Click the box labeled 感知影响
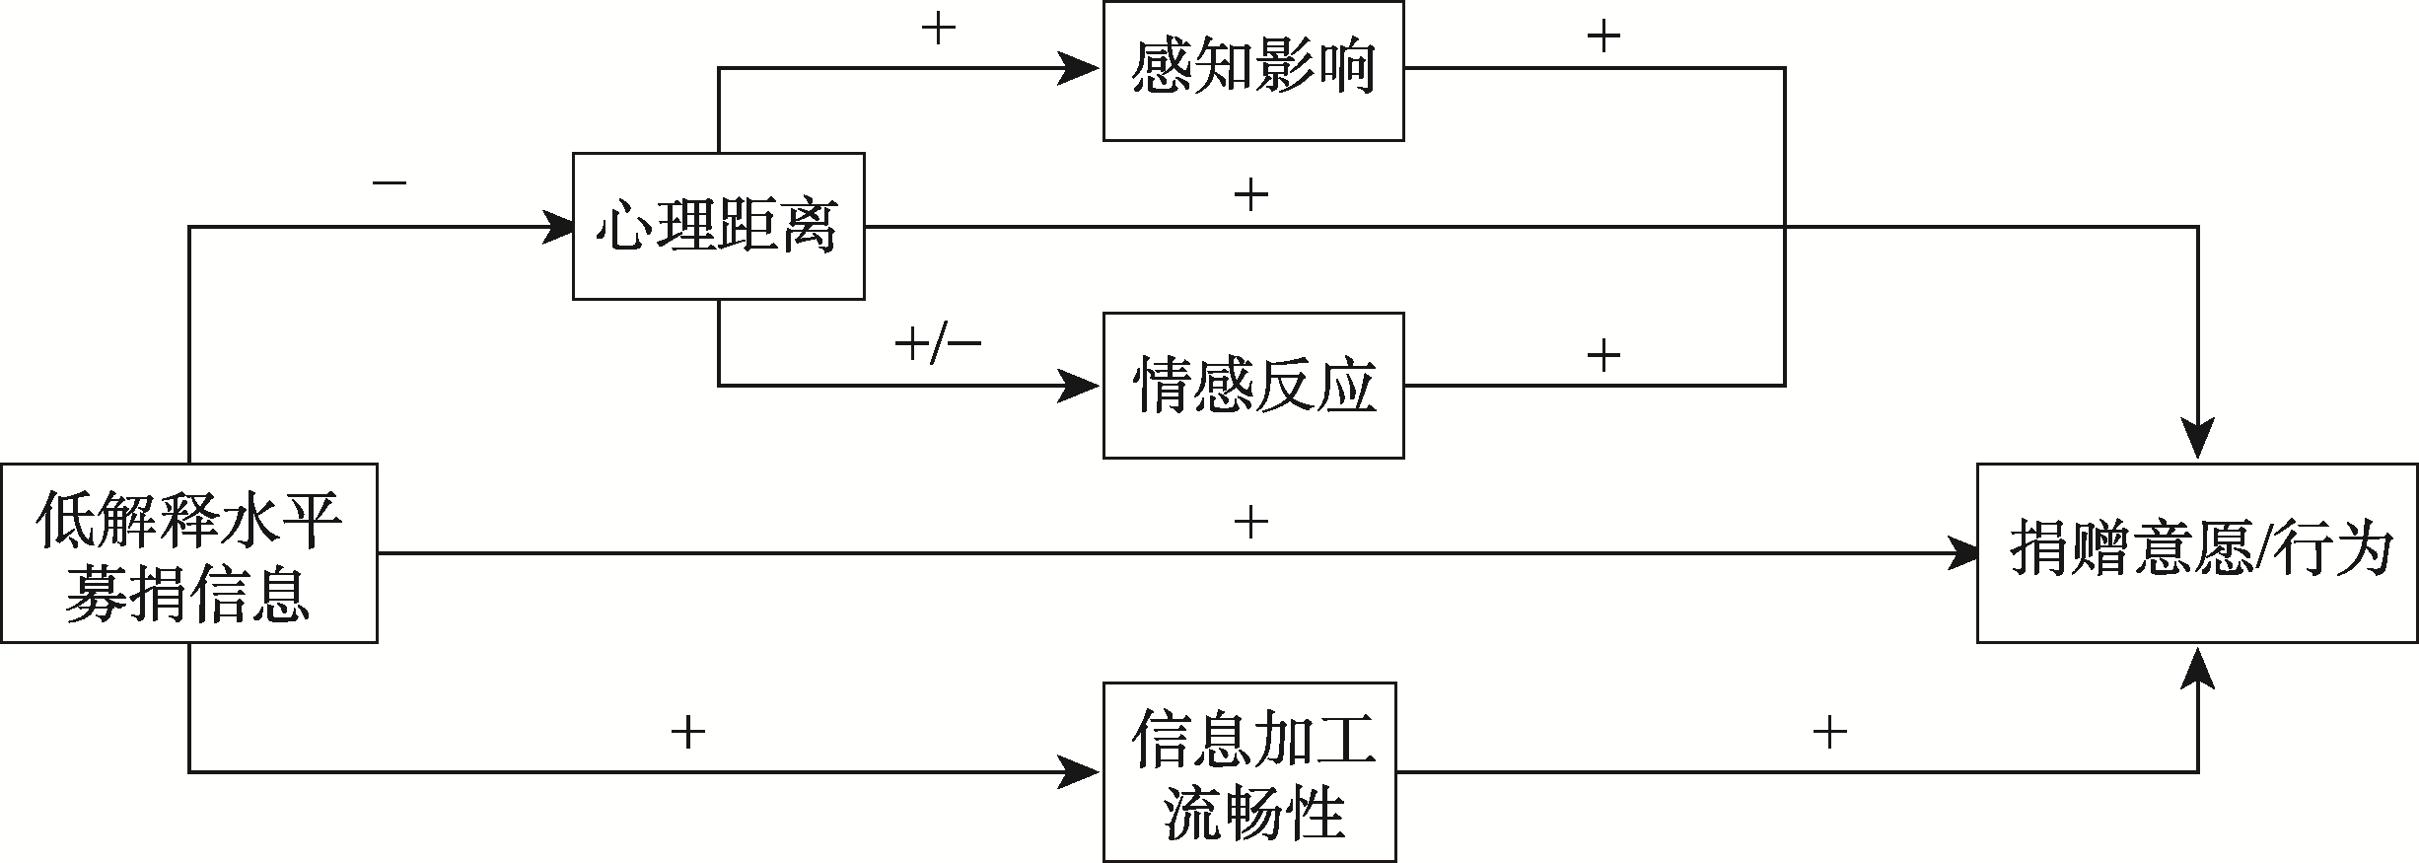click(x=1252, y=70)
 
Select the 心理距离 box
click(x=718, y=226)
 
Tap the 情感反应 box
click(x=1252, y=386)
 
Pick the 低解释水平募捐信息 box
click(x=188, y=553)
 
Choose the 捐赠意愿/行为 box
click(x=2197, y=553)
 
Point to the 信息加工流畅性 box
click(x=1249, y=771)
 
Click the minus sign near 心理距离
click(x=390, y=183)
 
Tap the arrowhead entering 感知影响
click(x=1081, y=69)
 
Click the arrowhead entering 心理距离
click(x=556, y=227)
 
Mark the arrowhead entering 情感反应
click(x=1081, y=386)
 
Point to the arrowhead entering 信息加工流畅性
click(x=1081, y=772)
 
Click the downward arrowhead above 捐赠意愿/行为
click(x=2198, y=439)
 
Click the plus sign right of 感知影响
click(x=1603, y=37)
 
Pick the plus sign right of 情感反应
click(x=1603, y=355)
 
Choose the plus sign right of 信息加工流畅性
click(x=1828, y=732)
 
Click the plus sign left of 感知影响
click(x=938, y=30)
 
